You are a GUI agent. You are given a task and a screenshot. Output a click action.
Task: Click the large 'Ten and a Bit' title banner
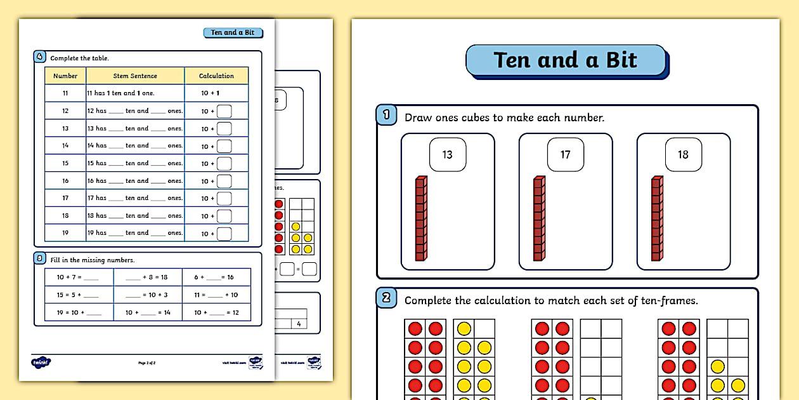tap(566, 60)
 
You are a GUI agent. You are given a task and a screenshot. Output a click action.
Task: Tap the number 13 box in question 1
tap(448, 154)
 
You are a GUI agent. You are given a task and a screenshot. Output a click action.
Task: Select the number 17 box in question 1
tap(566, 154)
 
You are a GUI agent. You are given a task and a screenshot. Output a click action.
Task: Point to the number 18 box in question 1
tap(683, 154)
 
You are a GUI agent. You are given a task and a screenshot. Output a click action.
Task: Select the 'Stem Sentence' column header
tap(135, 76)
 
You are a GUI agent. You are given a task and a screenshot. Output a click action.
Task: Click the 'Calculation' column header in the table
tap(216, 76)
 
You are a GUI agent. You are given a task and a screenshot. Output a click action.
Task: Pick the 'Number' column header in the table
tap(65, 76)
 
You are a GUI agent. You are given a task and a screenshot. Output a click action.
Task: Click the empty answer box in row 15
tap(224, 164)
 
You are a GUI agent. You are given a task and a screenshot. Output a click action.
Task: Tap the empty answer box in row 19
tap(224, 234)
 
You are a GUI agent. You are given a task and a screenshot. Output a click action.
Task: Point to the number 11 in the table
tap(65, 93)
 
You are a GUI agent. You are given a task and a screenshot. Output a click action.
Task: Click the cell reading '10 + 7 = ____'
tap(79, 277)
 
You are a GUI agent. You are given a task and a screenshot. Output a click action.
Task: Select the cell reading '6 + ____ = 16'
tap(216, 277)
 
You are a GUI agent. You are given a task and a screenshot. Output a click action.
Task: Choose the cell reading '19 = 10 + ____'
tap(79, 312)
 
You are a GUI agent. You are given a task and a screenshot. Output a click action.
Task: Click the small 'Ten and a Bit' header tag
tap(233, 32)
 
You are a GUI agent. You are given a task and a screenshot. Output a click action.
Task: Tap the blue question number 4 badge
tap(40, 57)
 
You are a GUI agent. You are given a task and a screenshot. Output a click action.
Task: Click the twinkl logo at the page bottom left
tap(41, 362)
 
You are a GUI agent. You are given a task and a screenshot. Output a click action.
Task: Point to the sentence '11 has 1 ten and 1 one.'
tap(121, 93)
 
